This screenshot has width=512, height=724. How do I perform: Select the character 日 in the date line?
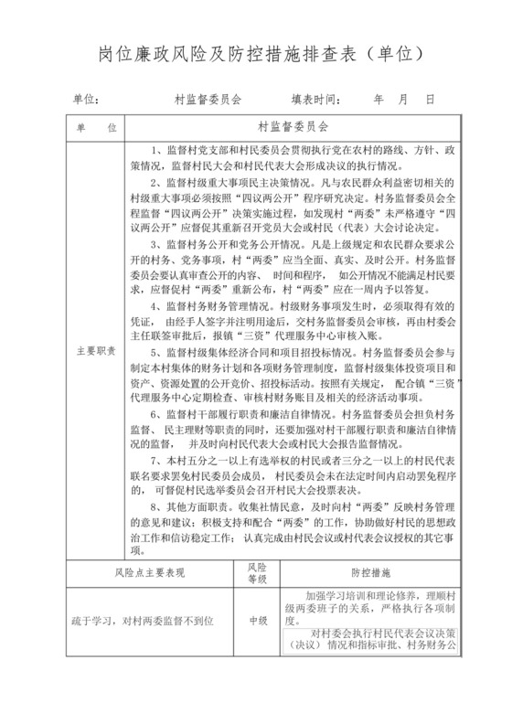pyautogui.click(x=429, y=98)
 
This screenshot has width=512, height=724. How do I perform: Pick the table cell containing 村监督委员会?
pyautogui.click(x=293, y=125)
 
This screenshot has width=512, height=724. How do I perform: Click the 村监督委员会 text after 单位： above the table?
pyautogui.click(x=207, y=98)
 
